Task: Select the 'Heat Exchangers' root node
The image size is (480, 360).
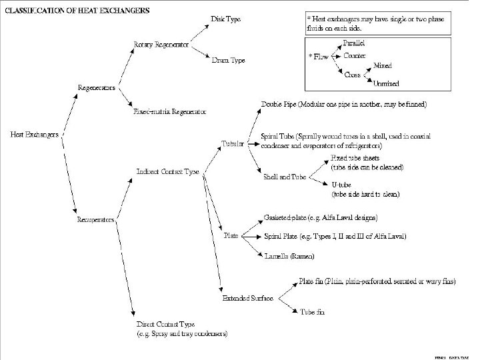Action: tap(34, 134)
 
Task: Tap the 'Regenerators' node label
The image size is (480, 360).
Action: tap(96, 88)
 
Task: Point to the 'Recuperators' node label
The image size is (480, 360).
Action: tap(96, 219)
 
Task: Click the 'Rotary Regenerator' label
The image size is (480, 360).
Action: tap(161, 45)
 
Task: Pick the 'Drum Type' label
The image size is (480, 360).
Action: tap(228, 61)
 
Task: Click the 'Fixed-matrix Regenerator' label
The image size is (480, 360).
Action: tap(170, 111)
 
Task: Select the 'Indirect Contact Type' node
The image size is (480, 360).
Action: tap(168, 171)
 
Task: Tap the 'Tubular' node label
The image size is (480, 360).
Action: tap(233, 143)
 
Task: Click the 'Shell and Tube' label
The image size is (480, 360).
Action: tap(285, 177)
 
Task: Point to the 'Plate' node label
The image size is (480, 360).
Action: tap(231, 235)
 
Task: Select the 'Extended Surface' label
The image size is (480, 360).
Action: tap(247, 298)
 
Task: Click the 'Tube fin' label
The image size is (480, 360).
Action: tap(313, 311)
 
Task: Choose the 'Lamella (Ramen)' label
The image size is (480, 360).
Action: tap(289, 255)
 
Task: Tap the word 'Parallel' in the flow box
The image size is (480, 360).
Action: tap(353, 43)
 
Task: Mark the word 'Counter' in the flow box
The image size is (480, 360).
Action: tap(355, 56)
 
